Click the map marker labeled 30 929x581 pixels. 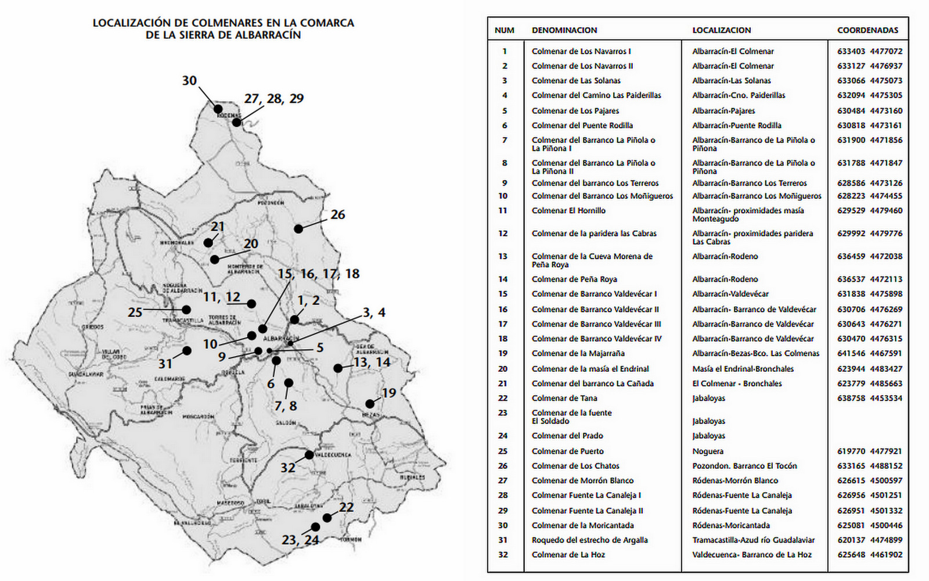point(218,109)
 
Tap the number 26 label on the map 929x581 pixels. point(337,214)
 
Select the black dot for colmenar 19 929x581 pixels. point(370,404)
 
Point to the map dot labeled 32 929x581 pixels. point(309,454)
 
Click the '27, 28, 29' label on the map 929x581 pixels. point(274,99)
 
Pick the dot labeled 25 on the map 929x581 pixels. point(186,310)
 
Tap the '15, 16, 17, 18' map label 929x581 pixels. point(319,274)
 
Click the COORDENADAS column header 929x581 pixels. point(867,30)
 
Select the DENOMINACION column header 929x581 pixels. point(564,30)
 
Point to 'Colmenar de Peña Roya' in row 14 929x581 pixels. point(574,279)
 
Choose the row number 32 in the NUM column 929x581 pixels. point(503,554)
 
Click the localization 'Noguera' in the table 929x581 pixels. point(708,451)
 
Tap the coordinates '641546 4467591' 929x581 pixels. point(869,353)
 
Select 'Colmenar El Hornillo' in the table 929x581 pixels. point(568,210)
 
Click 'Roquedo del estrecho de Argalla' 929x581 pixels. point(589,540)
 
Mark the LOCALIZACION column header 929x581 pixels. point(721,30)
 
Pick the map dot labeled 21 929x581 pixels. point(208,243)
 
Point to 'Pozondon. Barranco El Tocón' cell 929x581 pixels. point(744,465)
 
